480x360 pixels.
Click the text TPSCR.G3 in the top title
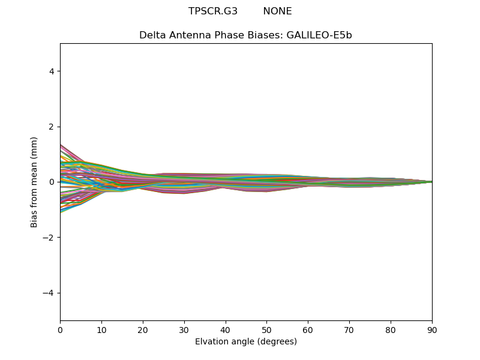click(x=213, y=11)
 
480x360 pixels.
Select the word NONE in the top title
click(x=277, y=11)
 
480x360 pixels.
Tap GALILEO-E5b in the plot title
click(x=320, y=35)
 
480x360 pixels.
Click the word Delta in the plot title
click(x=152, y=35)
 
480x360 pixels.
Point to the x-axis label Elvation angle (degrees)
click(x=246, y=342)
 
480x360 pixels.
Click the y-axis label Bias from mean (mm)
click(x=35, y=182)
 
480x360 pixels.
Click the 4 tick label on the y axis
click(x=52, y=71)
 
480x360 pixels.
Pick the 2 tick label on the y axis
click(x=52, y=127)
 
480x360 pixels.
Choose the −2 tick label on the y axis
click(x=49, y=238)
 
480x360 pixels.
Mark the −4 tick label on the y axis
click(x=49, y=293)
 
